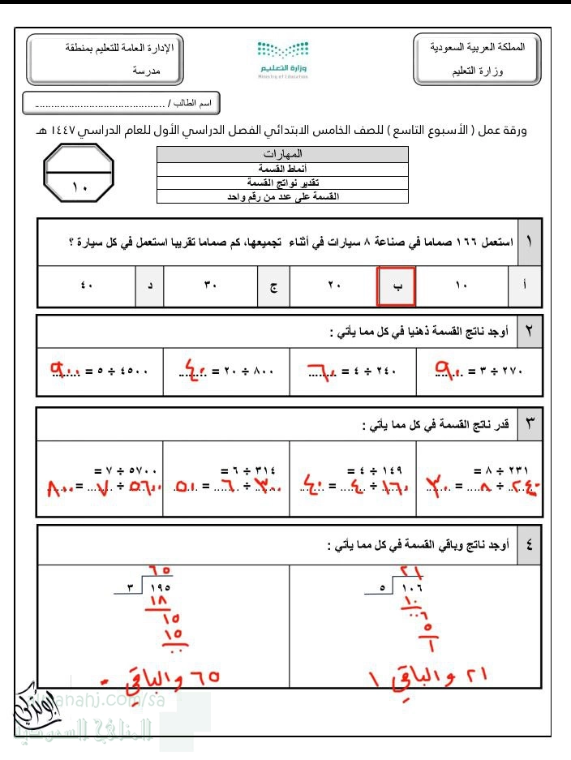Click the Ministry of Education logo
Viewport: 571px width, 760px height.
tap(285, 58)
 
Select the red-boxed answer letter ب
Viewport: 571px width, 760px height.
tap(397, 286)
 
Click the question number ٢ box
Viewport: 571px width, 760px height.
tap(529, 330)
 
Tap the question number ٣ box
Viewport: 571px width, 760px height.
tap(529, 423)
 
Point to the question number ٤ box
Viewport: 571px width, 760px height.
tap(529, 545)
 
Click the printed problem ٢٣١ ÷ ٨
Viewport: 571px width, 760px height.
tap(496, 470)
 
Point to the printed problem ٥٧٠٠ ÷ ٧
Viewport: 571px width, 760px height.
tap(127, 470)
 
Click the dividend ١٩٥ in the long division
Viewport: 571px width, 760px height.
tap(158, 587)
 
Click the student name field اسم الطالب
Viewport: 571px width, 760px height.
tap(122, 104)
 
